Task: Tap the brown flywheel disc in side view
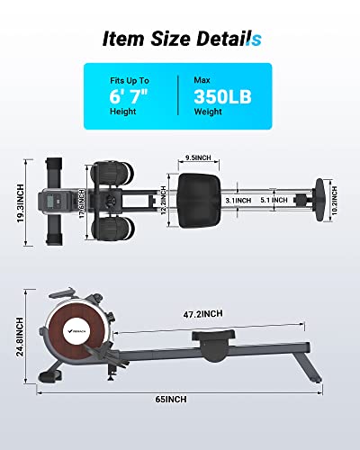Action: [x=76, y=332]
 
